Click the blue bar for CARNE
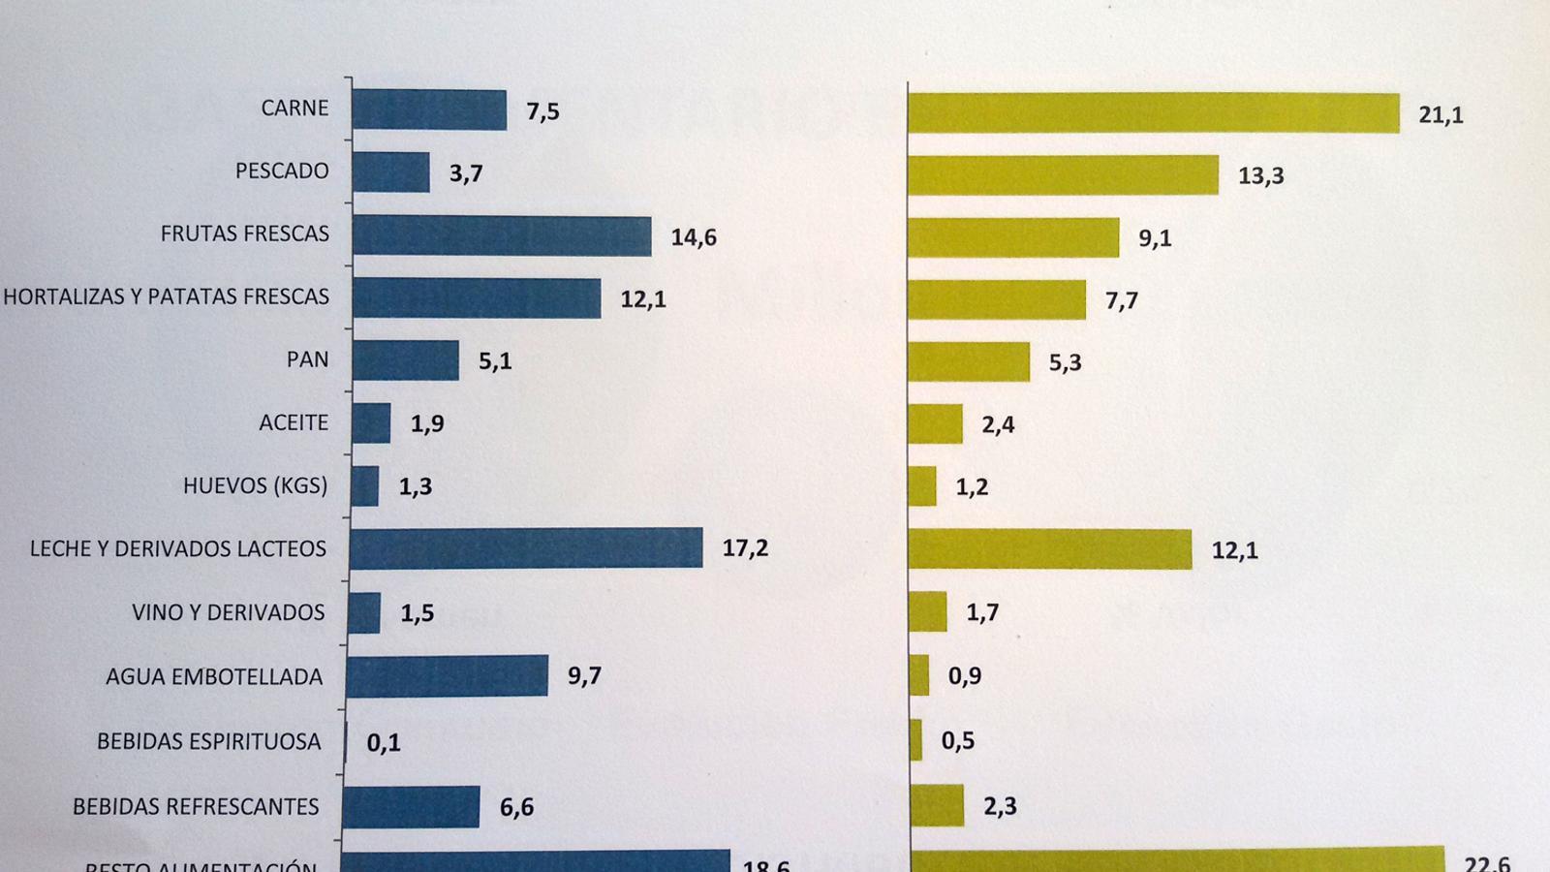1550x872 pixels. [x=429, y=109]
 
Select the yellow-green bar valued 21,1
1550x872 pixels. [x=1153, y=113]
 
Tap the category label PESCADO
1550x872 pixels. [x=282, y=171]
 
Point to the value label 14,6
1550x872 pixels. [x=694, y=237]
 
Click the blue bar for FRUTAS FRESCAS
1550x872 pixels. [x=502, y=236]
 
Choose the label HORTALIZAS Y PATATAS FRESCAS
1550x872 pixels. [x=166, y=297]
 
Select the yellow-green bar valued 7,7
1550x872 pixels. [x=997, y=299]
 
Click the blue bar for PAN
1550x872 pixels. [x=406, y=360]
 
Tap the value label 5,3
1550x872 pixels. [x=1065, y=362]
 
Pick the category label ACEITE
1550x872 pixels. [x=294, y=423]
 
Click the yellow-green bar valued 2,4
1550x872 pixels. [x=936, y=423]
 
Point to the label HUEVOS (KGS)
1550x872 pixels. [x=255, y=485]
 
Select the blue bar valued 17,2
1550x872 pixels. [x=526, y=548]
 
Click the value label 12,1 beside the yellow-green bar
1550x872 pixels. [x=1234, y=551]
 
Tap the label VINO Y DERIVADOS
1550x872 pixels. [x=228, y=613]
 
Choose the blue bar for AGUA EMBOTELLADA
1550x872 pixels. [x=447, y=675]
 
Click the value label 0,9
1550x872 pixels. [x=965, y=676]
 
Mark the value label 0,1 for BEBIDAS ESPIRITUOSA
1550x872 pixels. [x=384, y=743]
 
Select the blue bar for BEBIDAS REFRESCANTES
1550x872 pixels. [x=411, y=806]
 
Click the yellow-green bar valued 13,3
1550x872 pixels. [x=1063, y=175]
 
